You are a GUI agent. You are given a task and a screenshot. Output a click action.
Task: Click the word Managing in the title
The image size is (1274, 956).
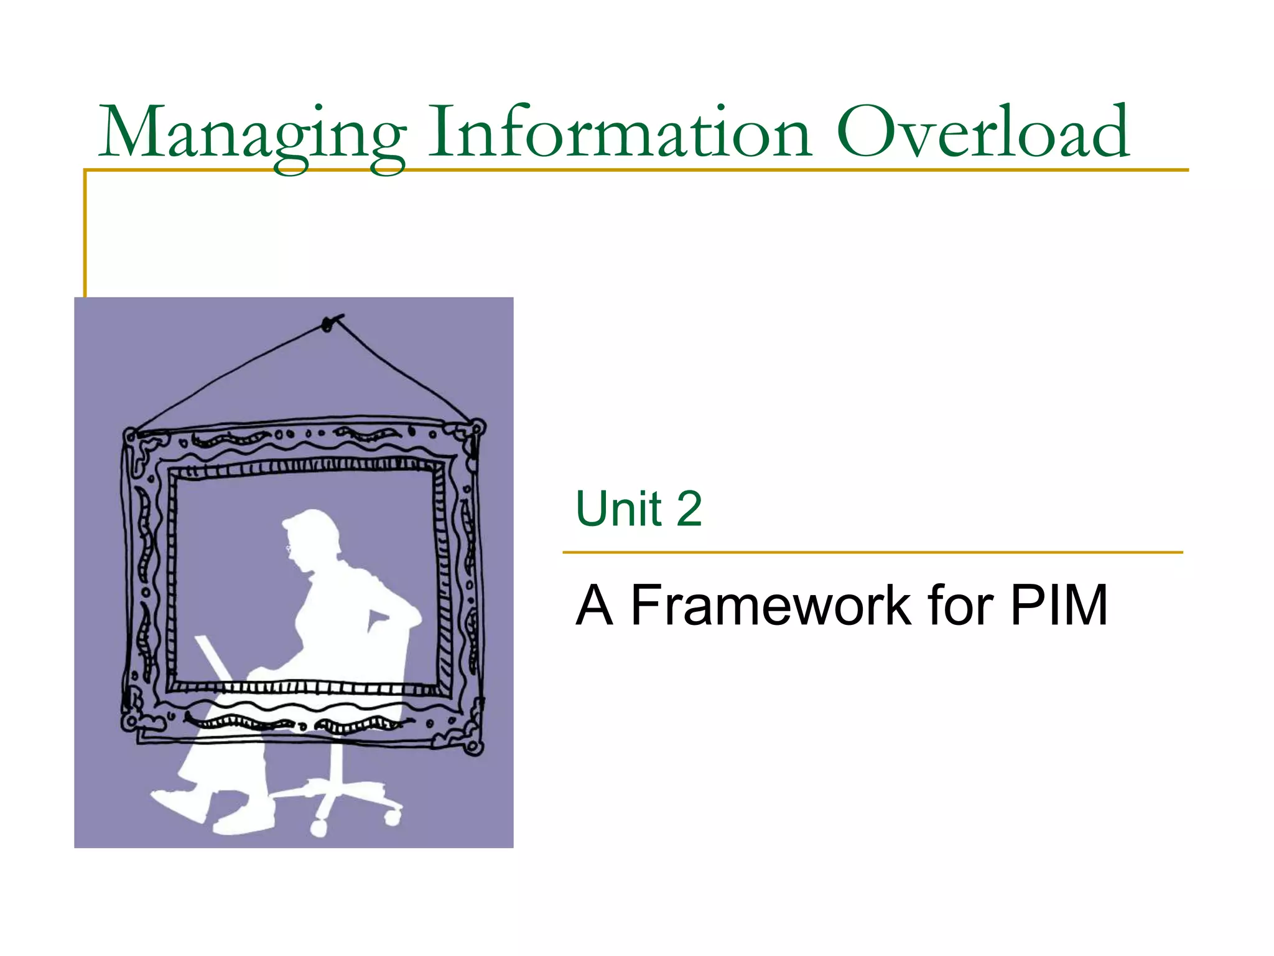[x=252, y=134]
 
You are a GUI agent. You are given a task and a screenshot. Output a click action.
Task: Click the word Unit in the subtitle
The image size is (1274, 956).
[x=618, y=508]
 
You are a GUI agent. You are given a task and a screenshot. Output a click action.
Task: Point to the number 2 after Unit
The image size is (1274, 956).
[x=689, y=508]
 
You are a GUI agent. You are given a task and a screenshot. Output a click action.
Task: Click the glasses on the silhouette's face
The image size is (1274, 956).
[x=289, y=548]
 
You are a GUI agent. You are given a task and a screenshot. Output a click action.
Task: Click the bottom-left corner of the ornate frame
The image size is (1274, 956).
[x=129, y=722]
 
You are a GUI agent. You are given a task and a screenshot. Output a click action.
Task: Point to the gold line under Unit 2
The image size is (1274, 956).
[x=871, y=552]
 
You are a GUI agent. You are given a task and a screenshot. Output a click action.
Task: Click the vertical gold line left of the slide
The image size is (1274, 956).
[x=85, y=237]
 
